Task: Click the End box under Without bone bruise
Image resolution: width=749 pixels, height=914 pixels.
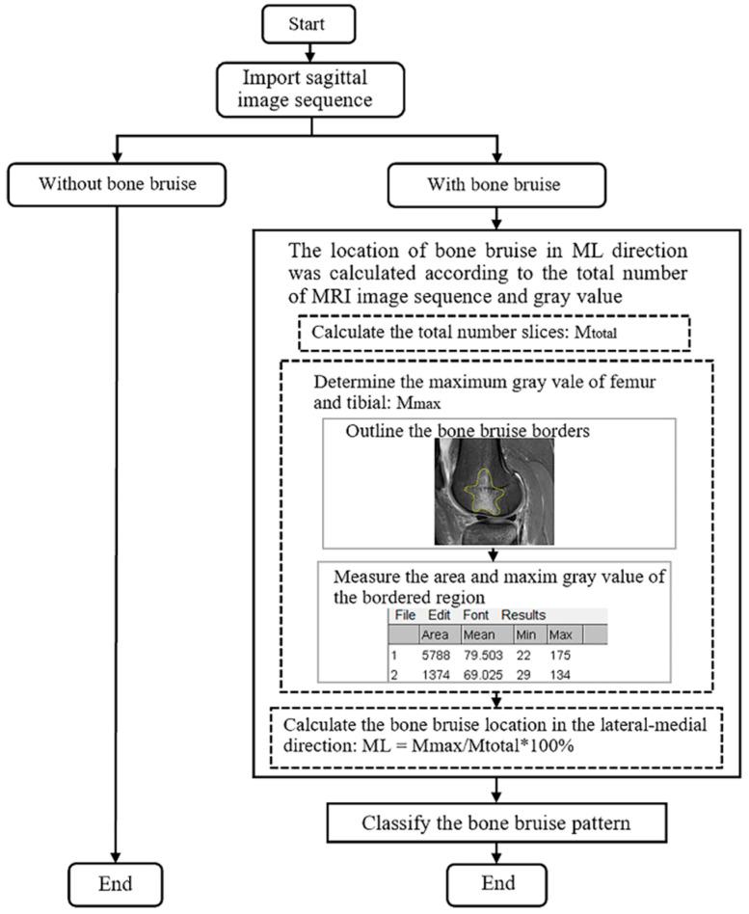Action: point(115,883)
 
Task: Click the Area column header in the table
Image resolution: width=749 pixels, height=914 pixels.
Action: point(434,634)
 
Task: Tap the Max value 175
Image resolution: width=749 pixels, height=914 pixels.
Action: point(560,656)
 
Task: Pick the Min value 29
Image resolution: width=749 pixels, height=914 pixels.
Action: point(526,675)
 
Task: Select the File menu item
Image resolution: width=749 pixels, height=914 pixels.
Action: point(404,615)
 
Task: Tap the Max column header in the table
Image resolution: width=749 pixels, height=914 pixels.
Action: point(560,634)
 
